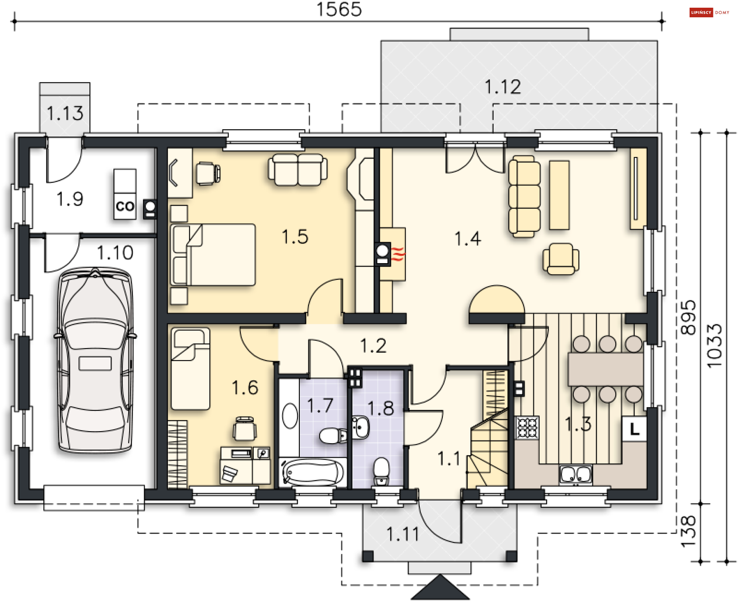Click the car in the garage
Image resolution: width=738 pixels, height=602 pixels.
pos(95,360)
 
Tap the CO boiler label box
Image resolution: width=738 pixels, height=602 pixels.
pos(125,206)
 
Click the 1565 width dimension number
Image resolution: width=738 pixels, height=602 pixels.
pos(339,9)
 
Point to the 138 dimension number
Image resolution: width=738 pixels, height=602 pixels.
pos(688,531)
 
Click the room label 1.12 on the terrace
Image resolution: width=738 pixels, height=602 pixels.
pos(503,87)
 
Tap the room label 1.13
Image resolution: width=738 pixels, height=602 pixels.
pos(65,113)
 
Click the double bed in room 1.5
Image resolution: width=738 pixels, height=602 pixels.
pos(213,255)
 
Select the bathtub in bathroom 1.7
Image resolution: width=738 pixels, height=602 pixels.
pos(313,472)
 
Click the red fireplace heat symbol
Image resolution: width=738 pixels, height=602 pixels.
pos(398,254)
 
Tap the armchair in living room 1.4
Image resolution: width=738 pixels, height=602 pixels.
pos(561,258)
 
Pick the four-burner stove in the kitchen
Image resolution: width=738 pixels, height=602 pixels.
pos(527,427)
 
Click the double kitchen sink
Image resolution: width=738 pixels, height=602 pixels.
pos(575,474)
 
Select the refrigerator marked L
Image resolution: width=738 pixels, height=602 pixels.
pos(634,429)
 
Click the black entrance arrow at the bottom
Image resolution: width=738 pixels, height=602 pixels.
pos(440,587)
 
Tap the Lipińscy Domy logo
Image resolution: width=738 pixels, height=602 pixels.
pos(709,12)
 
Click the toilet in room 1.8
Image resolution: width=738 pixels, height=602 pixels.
pos(381,471)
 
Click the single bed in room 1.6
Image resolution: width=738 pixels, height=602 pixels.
pos(190,369)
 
